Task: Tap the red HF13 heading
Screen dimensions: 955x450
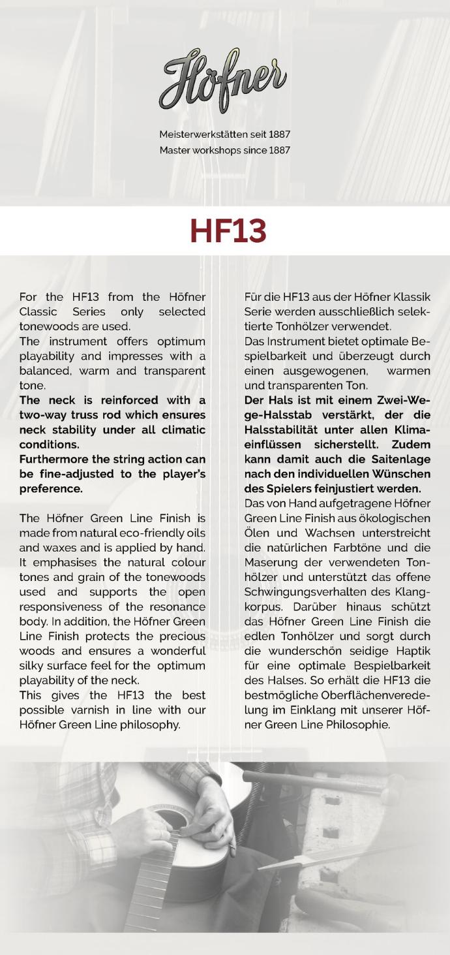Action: pos(228,231)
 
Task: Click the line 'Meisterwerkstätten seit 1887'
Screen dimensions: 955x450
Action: pos(225,134)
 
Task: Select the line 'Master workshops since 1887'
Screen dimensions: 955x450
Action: pos(225,150)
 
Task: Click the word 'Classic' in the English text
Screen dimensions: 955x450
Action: pos(38,312)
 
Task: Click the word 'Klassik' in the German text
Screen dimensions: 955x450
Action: pos(409,297)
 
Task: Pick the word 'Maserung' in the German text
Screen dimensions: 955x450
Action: pos(269,562)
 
